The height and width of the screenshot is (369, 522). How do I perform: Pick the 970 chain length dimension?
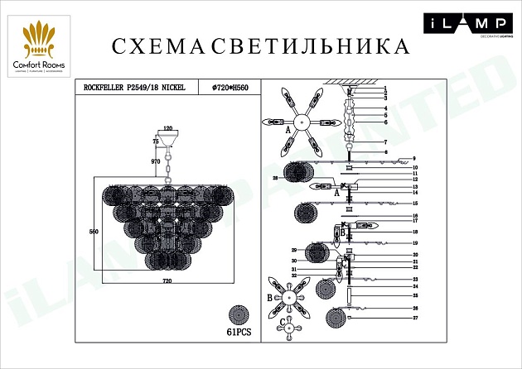pos(155,162)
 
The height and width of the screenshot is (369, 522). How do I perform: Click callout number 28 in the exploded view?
pos(275,178)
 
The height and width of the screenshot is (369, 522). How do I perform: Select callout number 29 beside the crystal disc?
pos(293,250)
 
